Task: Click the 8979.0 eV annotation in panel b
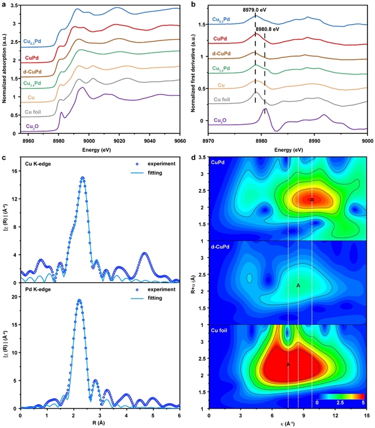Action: pyautogui.click(x=255, y=11)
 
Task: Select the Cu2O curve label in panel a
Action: pyautogui.click(x=33, y=126)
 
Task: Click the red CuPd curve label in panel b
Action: pyautogui.click(x=220, y=39)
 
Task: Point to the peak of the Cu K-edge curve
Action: pyautogui.click(x=83, y=177)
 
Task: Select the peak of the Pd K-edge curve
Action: pyautogui.click(x=79, y=300)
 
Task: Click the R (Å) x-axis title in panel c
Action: pyautogui.click(x=100, y=423)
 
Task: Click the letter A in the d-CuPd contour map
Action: pyautogui.click(x=298, y=285)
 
